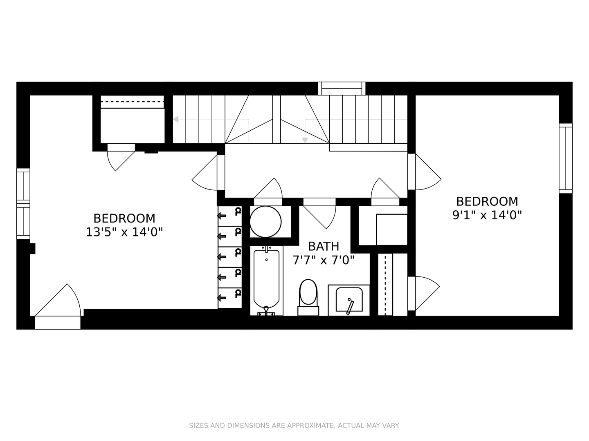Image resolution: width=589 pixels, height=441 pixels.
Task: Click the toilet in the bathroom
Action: point(308,293)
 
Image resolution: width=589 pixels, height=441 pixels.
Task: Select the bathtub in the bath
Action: point(266,281)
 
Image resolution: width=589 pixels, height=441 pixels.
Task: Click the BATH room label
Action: point(323,246)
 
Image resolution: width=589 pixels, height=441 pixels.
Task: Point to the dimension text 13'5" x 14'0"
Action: point(124,232)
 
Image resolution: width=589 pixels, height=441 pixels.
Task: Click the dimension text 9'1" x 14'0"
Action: point(487,215)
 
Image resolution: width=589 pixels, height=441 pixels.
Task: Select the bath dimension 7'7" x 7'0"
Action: point(323,260)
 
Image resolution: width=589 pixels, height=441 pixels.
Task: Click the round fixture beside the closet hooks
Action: point(265,222)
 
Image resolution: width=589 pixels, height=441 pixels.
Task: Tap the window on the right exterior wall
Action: point(566,158)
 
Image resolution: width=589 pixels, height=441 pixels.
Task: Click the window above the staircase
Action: point(342,88)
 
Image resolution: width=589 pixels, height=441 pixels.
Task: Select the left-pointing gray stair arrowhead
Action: point(176,119)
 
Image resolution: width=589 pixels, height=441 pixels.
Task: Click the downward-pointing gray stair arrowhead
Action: point(305,140)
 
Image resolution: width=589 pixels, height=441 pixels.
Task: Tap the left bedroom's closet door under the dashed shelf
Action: point(119,158)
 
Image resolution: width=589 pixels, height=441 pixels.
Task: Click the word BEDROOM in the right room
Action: point(487,201)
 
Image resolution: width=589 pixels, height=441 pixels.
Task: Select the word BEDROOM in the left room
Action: point(124,218)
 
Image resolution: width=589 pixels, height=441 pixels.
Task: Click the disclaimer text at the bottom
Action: point(294,425)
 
